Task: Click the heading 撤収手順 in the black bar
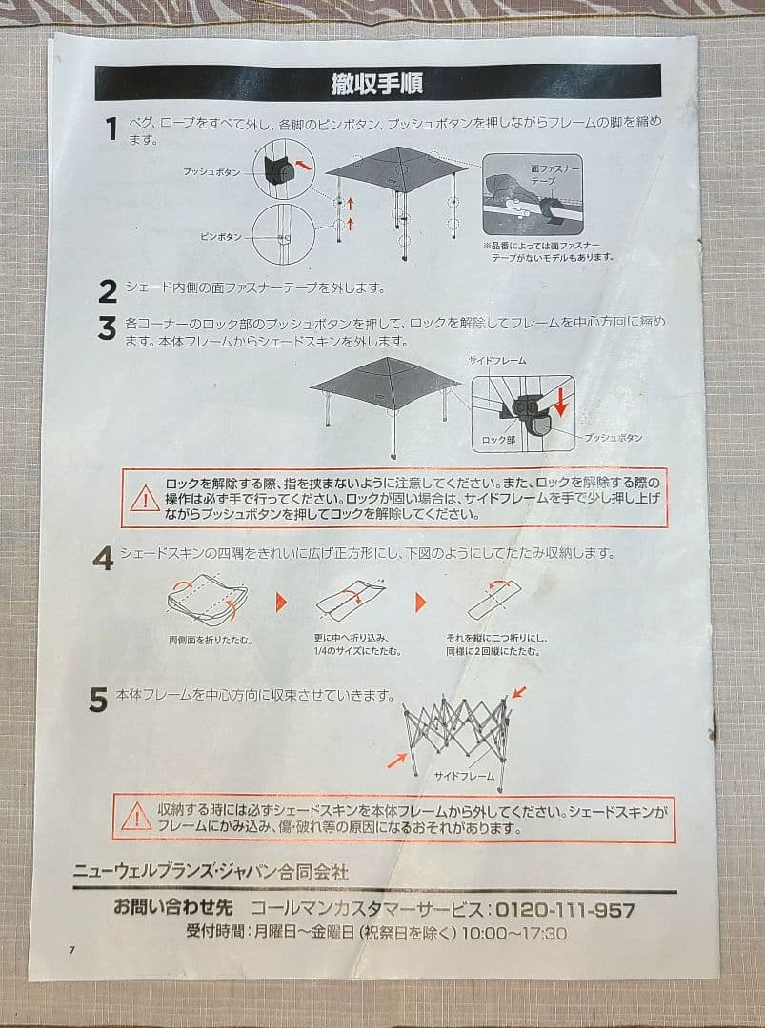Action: (378, 83)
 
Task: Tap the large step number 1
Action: (111, 129)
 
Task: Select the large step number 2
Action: (108, 290)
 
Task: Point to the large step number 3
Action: (107, 328)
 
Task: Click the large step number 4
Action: (103, 560)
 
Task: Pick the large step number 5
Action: (98, 701)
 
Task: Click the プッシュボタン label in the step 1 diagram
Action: (211, 171)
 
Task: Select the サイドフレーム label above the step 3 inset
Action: (496, 361)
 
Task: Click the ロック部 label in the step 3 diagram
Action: (498, 441)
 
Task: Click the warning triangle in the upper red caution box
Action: (145, 498)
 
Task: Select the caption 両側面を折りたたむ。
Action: (210, 640)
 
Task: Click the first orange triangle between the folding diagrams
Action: (281, 602)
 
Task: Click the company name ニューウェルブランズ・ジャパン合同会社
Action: (211, 871)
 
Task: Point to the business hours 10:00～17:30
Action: (513, 934)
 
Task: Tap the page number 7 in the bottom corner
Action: (71, 951)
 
